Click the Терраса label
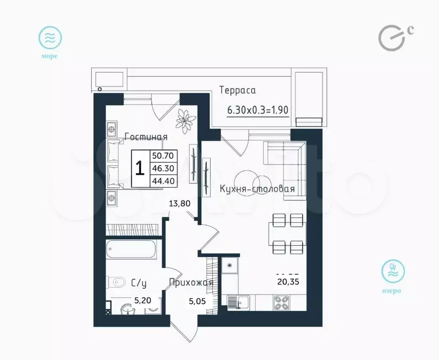click(x=238, y=91)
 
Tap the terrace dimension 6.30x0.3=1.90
click(x=258, y=110)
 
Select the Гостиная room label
click(x=146, y=137)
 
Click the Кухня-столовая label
click(x=257, y=189)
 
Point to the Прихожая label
click(x=191, y=283)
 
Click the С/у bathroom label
click(x=139, y=283)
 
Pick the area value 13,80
click(x=180, y=203)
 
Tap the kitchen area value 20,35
click(x=288, y=282)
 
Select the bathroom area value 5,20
click(x=143, y=301)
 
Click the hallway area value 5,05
click(x=197, y=301)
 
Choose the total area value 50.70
click(x=163, y=155)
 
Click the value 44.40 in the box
click(x=163, y=181)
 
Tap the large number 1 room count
click(x=140, y=169)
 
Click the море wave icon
click(x=50, y=38)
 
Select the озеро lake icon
click(x=393, y=271)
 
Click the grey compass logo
click(x=392, y=38)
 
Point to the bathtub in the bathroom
click(x=131, y=249)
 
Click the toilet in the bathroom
click(x=116, y=282)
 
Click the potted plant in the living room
click(x=185, y=121)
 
